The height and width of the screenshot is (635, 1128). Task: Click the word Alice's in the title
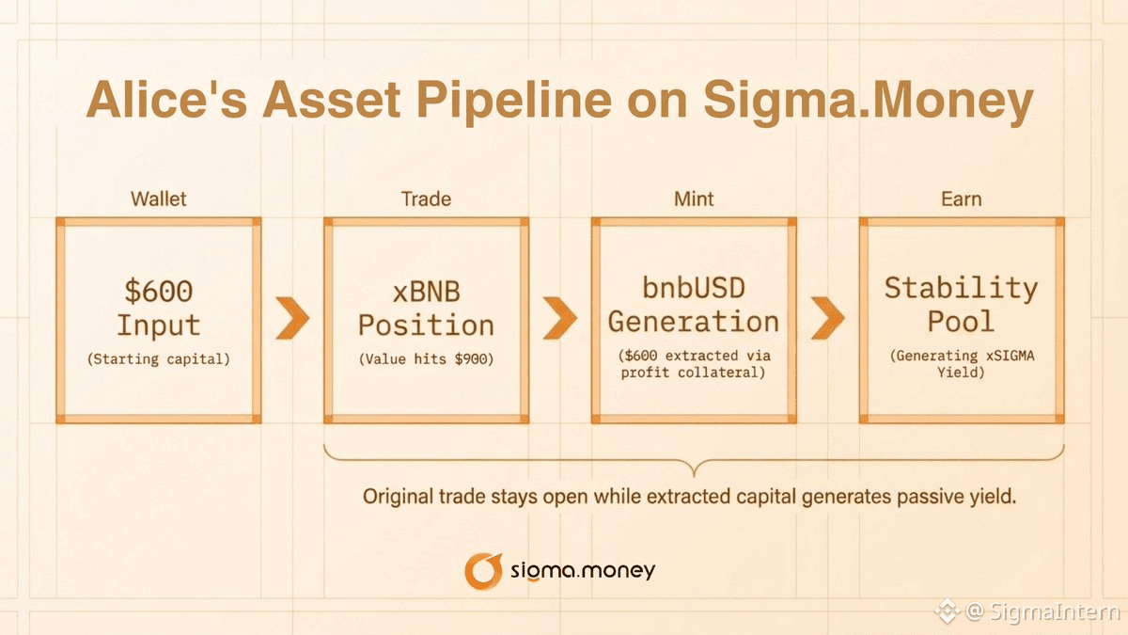pyautogui.click(x=166, y=100)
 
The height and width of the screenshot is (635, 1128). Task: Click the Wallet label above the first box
pyautogui.click(x=159, y=199)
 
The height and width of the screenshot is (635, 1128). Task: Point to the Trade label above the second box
pyautogui.click(x=426, y=199)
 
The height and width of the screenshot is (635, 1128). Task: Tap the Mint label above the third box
pyautogui.click(x=694, y=199)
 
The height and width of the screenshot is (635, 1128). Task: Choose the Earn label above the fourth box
pyautogui.click(x=962, y=199)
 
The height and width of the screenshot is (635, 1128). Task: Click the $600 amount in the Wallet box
pyautogui.click(x=159, y=291)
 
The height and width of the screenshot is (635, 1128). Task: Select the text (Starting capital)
pyautogui.click(x=159, y=358)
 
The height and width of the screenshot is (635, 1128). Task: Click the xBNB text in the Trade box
pyautogui.click(x=426, y=292)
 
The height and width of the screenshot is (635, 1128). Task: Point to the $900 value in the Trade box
pyautogui.click(x=471, y=358)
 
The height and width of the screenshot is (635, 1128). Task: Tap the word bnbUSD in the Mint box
pyautogui.click(x=694, y=288)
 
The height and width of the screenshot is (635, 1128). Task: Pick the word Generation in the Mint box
pyautogui.click(x=694, y=322)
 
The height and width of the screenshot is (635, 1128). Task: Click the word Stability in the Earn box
pyautogui.click(x=962, y=289)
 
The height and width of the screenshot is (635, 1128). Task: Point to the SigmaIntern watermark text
pyautogui.click(x=1055, y=611)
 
